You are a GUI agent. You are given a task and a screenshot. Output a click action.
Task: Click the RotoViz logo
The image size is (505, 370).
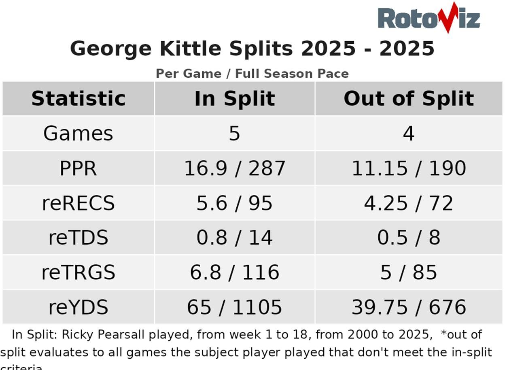coord(429,18)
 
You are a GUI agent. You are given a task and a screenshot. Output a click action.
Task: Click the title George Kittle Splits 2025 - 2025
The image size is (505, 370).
coord(252,49)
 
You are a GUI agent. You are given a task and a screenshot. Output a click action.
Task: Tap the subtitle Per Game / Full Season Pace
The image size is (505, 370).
coord(252,74)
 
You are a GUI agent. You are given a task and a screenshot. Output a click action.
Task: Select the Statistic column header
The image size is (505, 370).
coord(78,98)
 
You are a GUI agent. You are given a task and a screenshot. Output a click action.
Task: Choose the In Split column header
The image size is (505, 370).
coord(234,98)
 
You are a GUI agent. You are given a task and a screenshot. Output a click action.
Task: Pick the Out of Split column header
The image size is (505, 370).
coord(409,98)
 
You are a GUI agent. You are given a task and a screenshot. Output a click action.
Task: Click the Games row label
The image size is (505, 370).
coord(78,133)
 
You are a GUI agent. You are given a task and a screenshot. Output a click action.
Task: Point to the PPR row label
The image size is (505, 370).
coord(78,168)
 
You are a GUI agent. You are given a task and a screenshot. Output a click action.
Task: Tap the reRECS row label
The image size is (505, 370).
coord(78,203)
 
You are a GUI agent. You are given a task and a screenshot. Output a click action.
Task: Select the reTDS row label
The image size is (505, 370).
coord(78,238)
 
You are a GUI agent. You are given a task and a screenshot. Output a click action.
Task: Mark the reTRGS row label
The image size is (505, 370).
coord(78,272)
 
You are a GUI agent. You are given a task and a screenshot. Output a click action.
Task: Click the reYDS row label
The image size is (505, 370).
coord(78,307)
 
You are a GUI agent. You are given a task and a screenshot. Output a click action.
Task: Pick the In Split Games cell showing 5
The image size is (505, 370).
coord(234,133)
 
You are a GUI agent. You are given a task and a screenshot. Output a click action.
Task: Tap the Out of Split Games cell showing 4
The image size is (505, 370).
coord(409,133)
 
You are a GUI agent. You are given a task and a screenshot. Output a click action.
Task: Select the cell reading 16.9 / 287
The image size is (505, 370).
coord(234,168)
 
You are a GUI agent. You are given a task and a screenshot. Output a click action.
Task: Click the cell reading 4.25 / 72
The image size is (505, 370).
coord(409,203)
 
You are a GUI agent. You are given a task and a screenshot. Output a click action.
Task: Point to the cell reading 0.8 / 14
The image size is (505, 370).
coord(234,238)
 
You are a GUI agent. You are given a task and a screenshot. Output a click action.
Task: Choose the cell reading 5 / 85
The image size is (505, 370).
coord(409,272)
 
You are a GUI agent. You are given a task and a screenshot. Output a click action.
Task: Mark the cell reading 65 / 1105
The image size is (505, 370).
coord(234,307)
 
